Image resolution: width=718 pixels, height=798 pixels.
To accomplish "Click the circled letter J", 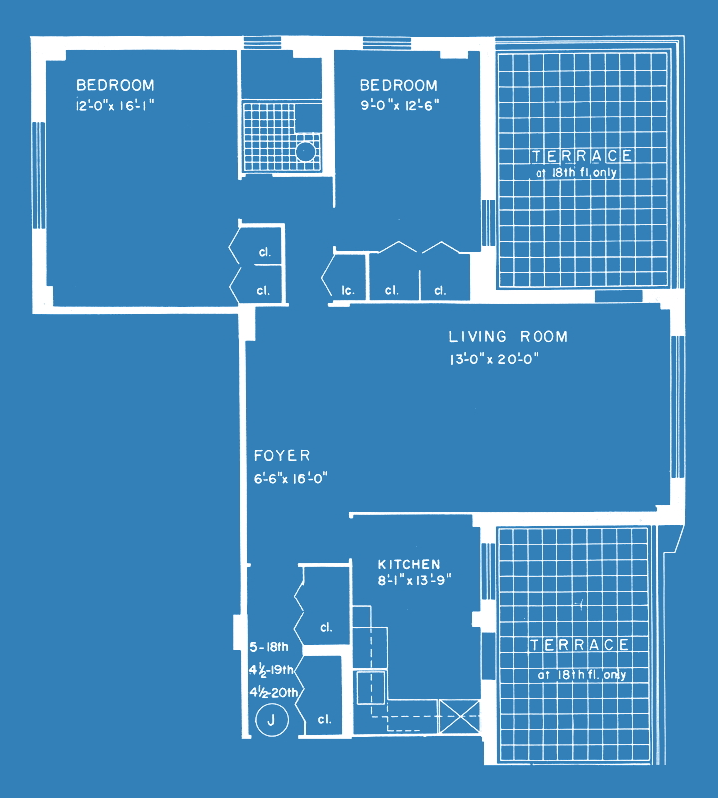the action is [x=271, y=720].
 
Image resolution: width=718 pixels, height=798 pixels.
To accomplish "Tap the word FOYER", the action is [x=282, y=455].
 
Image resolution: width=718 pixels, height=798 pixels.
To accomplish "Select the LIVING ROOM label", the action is [x=508, y=336].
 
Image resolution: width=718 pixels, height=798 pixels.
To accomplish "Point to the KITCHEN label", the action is [x=409, y=564].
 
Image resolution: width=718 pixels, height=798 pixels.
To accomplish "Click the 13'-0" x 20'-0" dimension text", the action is [x=494, y=359].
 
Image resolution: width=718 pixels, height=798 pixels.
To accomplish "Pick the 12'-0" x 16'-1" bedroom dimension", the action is [x=115, y=106].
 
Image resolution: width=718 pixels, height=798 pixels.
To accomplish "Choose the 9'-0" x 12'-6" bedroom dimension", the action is [x=400, y=106].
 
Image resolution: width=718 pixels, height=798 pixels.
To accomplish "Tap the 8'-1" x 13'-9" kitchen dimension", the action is [x=414, y=580].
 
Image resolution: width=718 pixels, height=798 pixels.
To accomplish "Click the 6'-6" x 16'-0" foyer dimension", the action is [x=290, y=478].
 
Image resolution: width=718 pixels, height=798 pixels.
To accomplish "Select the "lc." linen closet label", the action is [x=348, y=291].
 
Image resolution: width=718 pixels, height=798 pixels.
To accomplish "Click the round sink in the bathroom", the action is [x=306, y=152].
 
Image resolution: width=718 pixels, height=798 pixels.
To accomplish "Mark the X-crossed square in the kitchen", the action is [x=459, y=716].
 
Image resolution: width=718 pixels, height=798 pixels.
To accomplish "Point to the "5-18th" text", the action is [x=269, y=647].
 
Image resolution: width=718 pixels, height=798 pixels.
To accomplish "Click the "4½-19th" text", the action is [x=271, y=670].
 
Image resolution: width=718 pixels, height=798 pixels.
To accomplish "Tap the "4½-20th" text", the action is [x=274, y=692].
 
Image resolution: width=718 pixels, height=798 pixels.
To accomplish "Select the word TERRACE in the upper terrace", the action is [x=582, y=156].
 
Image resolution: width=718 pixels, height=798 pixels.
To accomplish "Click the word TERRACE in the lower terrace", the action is [x=579, y=645].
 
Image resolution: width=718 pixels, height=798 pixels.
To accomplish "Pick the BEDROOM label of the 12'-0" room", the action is [x=115, y=85].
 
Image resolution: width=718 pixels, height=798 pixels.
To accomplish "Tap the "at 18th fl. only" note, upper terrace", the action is [x=576, y=172].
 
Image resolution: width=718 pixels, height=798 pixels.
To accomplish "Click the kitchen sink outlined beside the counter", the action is [x=370, y=687].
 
